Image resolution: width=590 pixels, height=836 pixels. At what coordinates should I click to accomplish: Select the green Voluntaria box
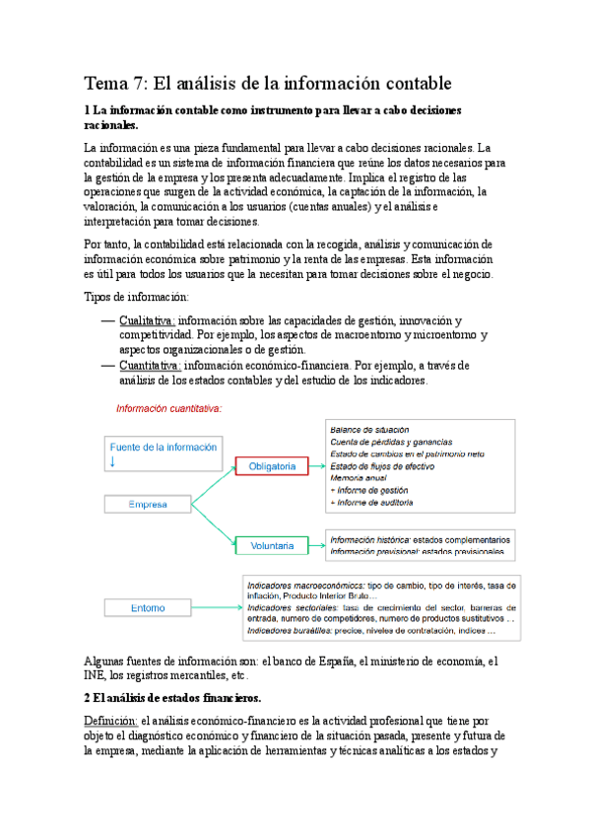click(x=272, y=543)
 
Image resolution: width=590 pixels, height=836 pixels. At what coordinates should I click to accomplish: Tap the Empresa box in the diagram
click(x=147, y=505)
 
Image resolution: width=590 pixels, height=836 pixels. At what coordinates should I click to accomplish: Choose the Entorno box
click(x=147, y=608)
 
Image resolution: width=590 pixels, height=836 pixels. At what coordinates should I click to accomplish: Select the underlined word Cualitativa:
click(x=147, y=321)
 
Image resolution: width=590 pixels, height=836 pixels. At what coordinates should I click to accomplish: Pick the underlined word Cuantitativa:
click(x=150, y=366)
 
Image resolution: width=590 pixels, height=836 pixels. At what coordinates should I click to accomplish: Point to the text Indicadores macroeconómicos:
click(x=304, y=585)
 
